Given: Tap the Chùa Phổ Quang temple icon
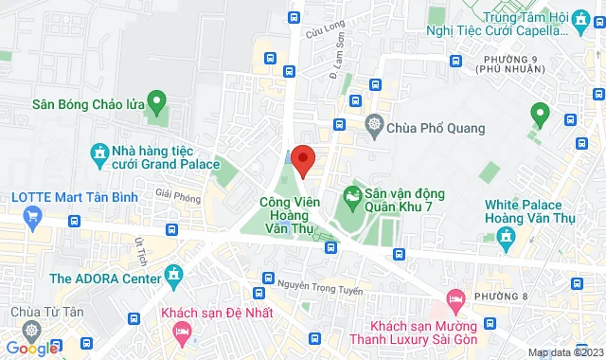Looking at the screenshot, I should click(x=376, y=125).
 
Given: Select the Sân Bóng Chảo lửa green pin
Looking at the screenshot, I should click(x=157, y=99).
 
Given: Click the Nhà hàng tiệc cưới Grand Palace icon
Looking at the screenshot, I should click(x=98, y=153).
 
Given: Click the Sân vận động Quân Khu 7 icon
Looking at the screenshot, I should click(x=353, y=197).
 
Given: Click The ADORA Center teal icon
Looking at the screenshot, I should click(x=174, y=277).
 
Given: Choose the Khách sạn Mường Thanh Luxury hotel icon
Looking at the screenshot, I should click(x=454, y=298).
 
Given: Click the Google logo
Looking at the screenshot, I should click(x=31, y=348).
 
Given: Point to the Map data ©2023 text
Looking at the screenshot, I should click(x=565, y=353).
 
